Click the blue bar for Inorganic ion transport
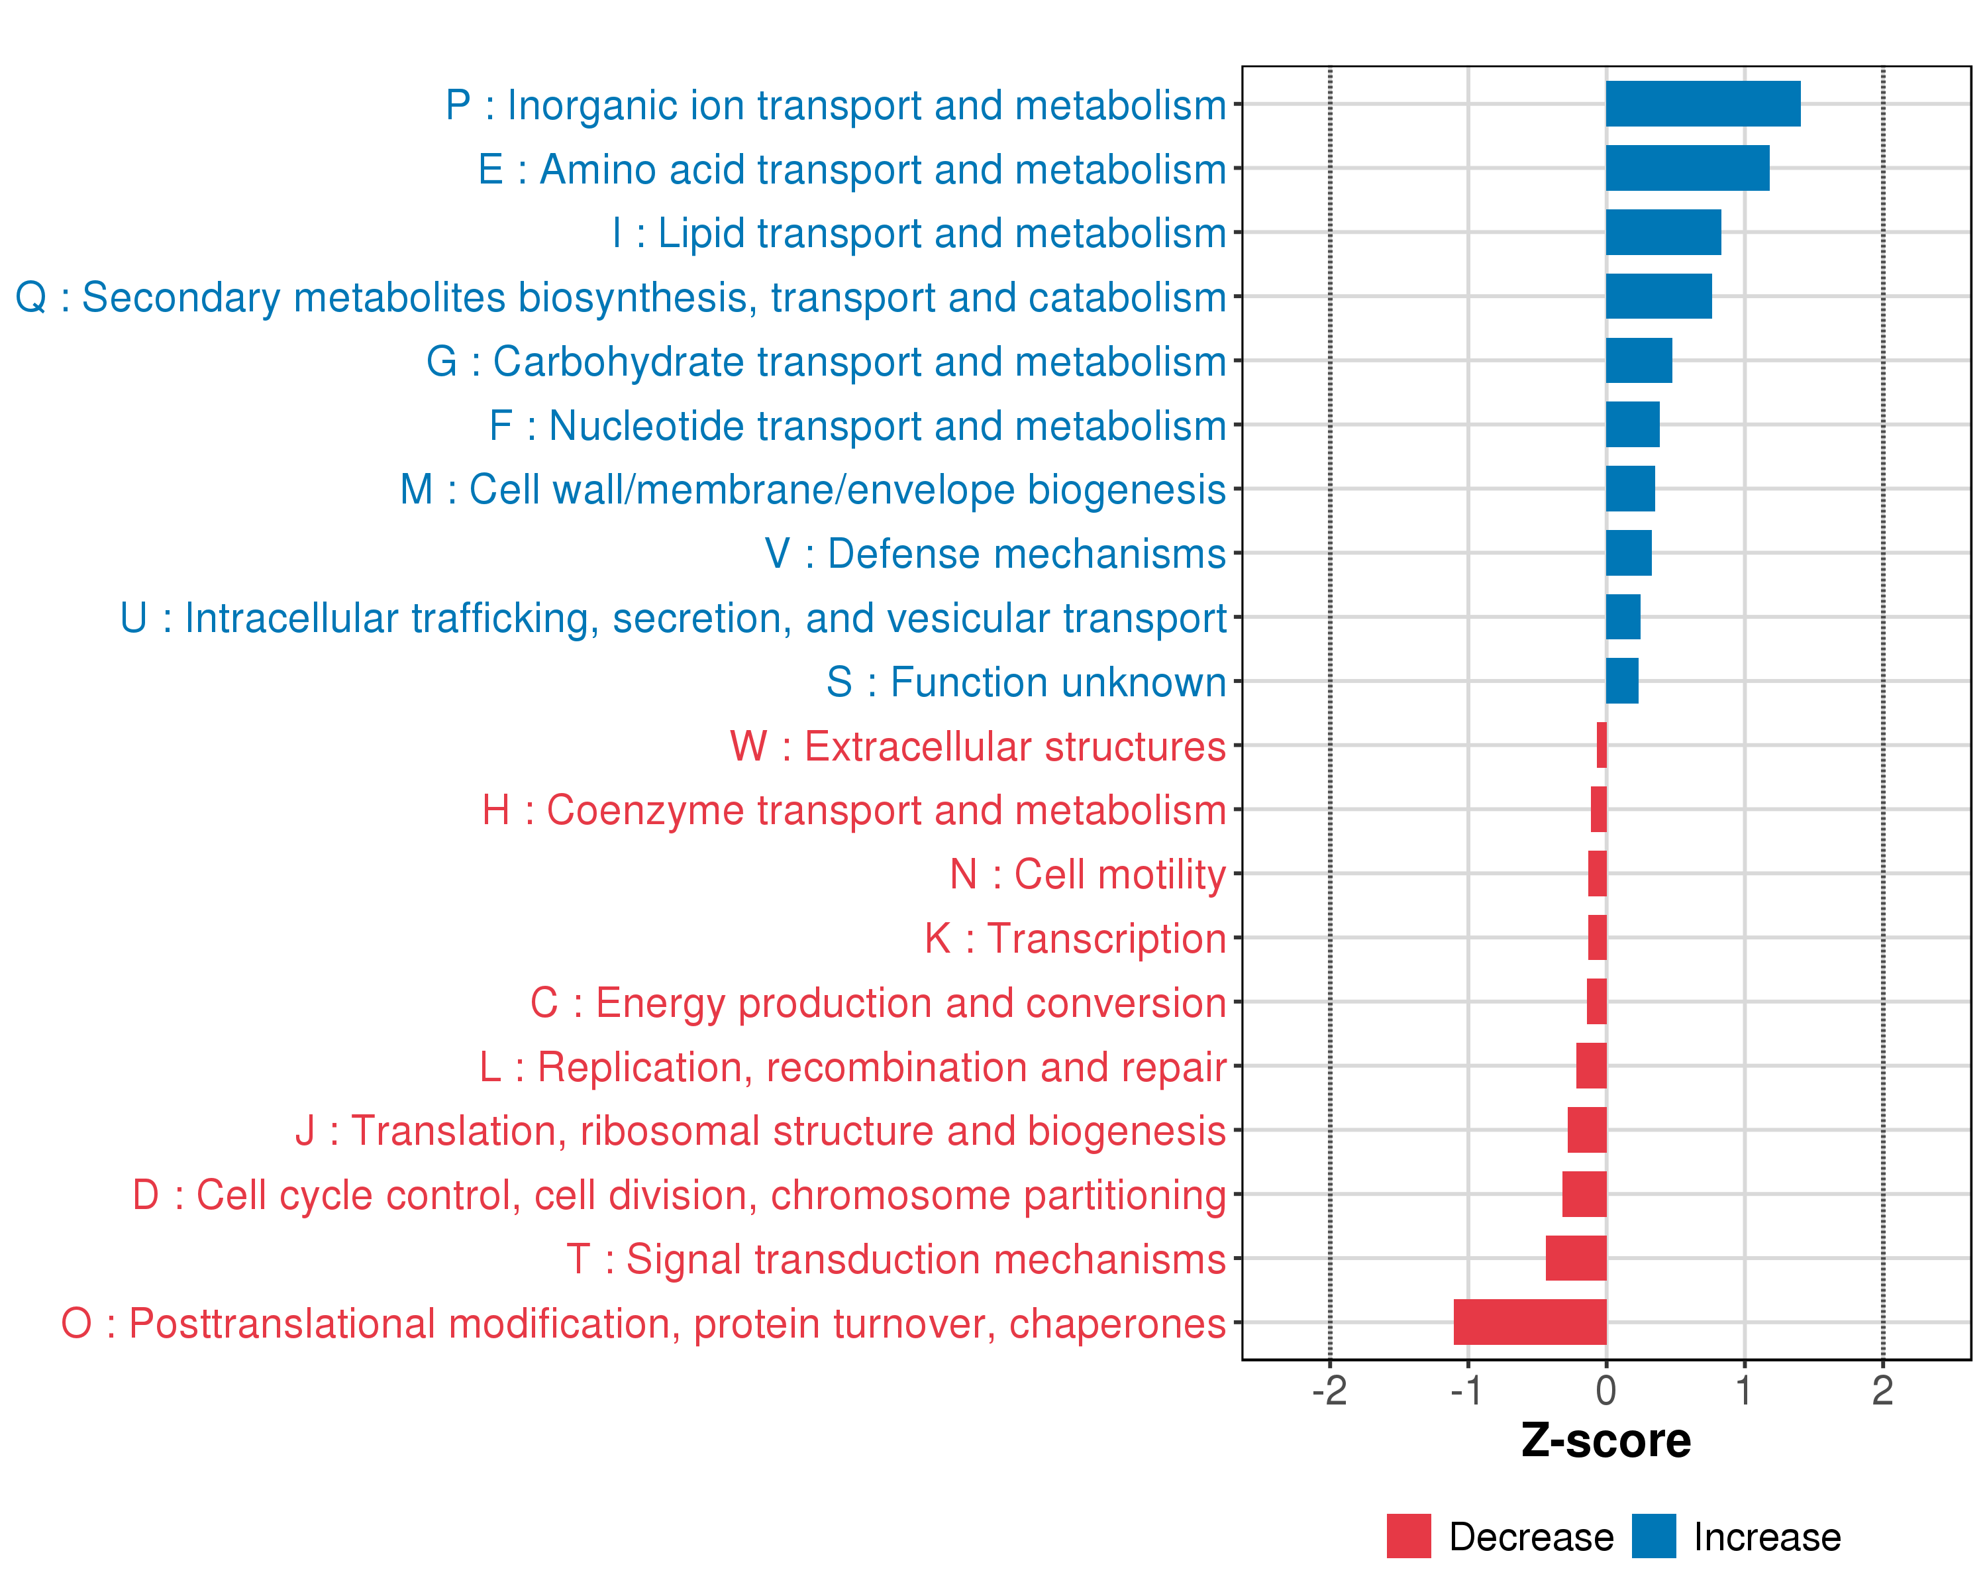(1702, 103)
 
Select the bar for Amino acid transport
(1686, 168)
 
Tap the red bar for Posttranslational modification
(1530, 1322)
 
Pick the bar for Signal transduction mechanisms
(1576, 1258)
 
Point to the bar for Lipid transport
(1662, 233)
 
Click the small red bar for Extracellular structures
(1602, 745)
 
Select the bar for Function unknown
(1622, 681)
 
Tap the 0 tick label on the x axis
(1605, 1391)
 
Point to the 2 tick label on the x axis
(1882, 1391)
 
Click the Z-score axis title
(1605, 1442)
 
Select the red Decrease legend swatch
(1408, 1536)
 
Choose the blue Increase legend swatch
(1653, 1536)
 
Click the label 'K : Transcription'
(1074, 938)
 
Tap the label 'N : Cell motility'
(1088, 874)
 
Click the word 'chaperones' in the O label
(1117, 1324)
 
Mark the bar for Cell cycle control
(1584, 1194)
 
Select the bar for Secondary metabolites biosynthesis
(1658, 296)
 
